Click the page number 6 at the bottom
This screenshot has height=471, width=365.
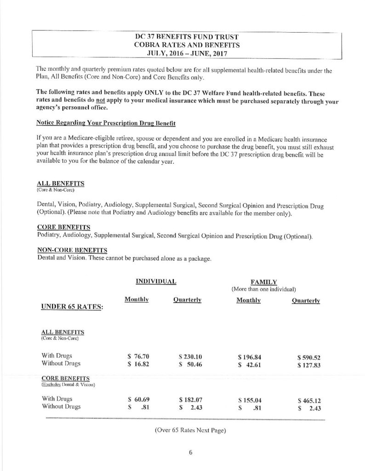tap(190, 452)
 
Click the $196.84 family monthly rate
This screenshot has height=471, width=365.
tap(250, 356)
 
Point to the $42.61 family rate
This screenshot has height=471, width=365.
tap(250, 365)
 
